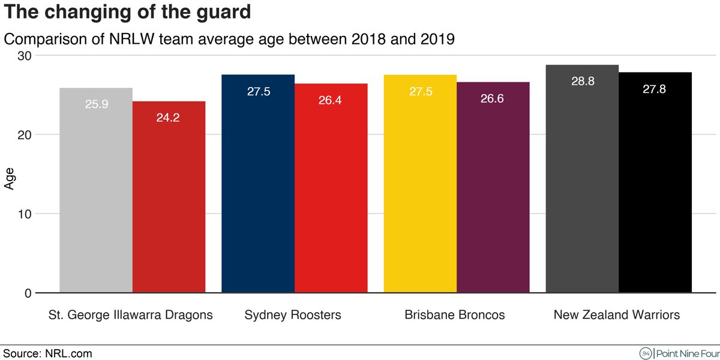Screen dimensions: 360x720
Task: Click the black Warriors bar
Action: [x=655, y=182]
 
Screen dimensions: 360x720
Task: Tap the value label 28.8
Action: [x=583, y=82]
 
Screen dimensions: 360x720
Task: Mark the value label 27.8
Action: [x=655, y=89]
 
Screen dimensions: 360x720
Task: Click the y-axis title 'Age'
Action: [x=10, y=178]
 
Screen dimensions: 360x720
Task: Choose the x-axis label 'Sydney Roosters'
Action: [x=293, y=315]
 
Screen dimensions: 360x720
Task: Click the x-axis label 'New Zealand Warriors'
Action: [x=617, y=315]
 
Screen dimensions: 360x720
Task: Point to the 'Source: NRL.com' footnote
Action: [x=48, y=353]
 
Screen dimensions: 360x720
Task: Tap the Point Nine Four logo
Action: [x=678, y=353]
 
